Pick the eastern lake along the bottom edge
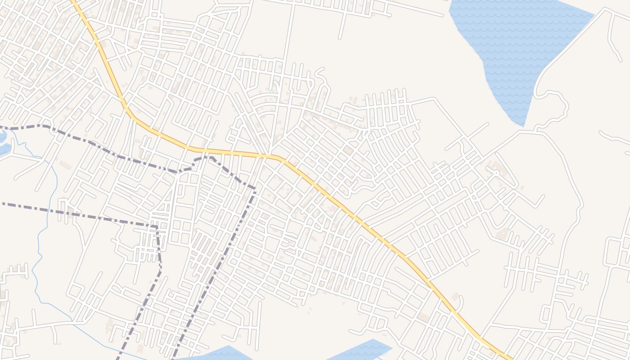pos(360,351)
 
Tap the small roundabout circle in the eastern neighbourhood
pos(496,172)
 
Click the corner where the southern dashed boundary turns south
pos(157,227)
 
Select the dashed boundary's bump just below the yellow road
pos(205,158)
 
